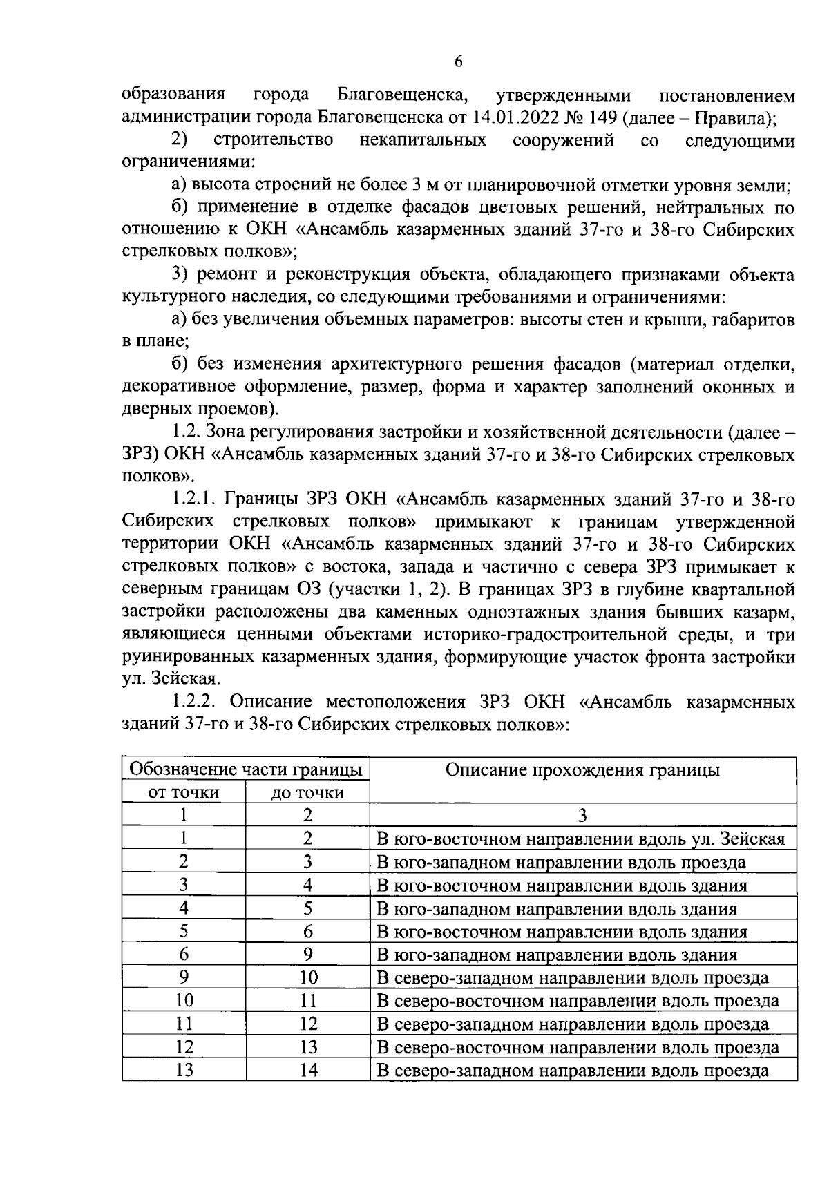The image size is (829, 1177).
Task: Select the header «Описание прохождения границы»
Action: click(x=582, y=770)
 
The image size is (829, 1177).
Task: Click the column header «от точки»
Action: click(x=184, y=792)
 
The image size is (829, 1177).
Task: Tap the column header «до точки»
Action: click(x=307, y=792)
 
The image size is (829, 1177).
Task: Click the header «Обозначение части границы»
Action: click(x=246, y=769)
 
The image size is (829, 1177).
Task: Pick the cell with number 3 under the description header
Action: click(x=582, y=815)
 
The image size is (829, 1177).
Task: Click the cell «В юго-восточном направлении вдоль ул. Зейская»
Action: click(x=580, y=839)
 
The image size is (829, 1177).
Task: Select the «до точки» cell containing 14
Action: click(x=308, y=1071)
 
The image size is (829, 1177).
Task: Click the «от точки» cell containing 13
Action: click(x=184, y=1071)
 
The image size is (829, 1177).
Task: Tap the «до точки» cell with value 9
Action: click(x=308, y=955)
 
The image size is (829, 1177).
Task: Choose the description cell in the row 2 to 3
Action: click(x=560, y=862)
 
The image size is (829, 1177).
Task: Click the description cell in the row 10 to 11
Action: click(x=578, y=1001)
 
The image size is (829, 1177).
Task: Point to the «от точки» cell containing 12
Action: click(x=184, y=1047)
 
